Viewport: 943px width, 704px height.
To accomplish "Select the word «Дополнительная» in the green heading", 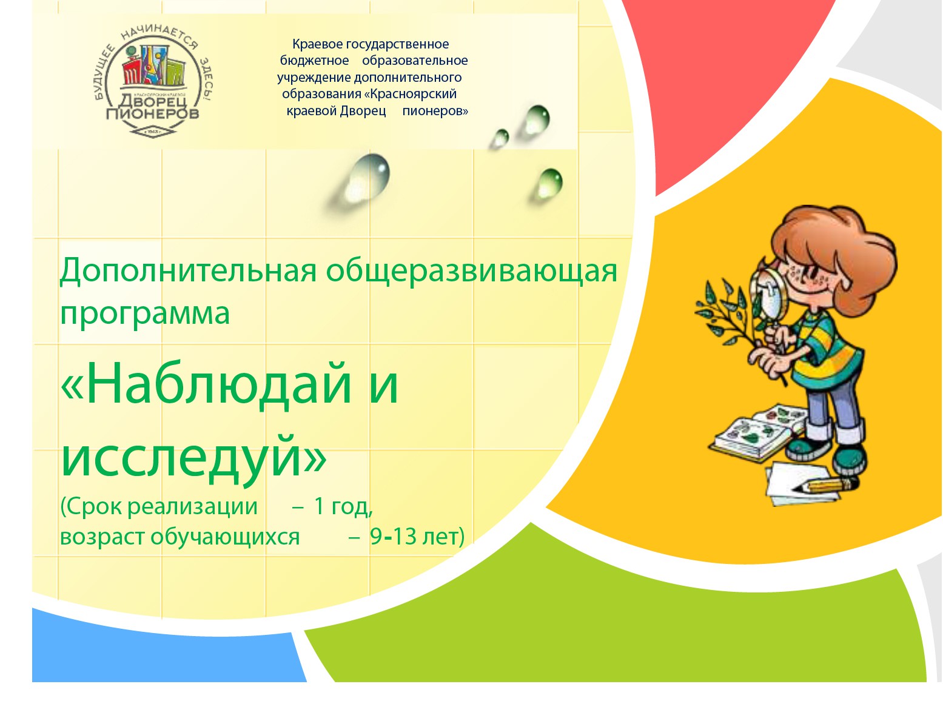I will (x=188, y=271).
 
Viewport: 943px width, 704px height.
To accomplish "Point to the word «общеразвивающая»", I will (x=471, y=271).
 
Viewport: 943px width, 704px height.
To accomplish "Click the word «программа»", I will (x=145, y=313).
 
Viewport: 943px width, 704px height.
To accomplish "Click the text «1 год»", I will (x=343, y=506).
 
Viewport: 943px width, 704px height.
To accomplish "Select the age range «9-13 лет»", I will (x=417, y=537).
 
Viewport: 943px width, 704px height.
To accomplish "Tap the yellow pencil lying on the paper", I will (x=825, y=485).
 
